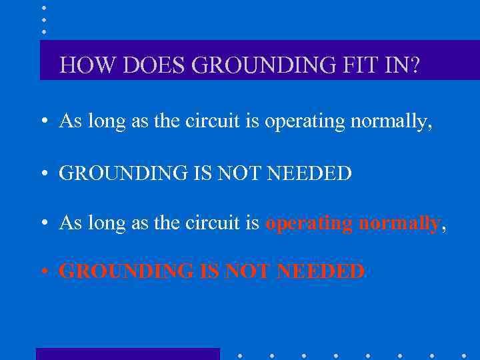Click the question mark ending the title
click(x=415, y=65)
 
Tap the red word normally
click(x=399, y=223)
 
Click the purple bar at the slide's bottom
click(x=127, y=354)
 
